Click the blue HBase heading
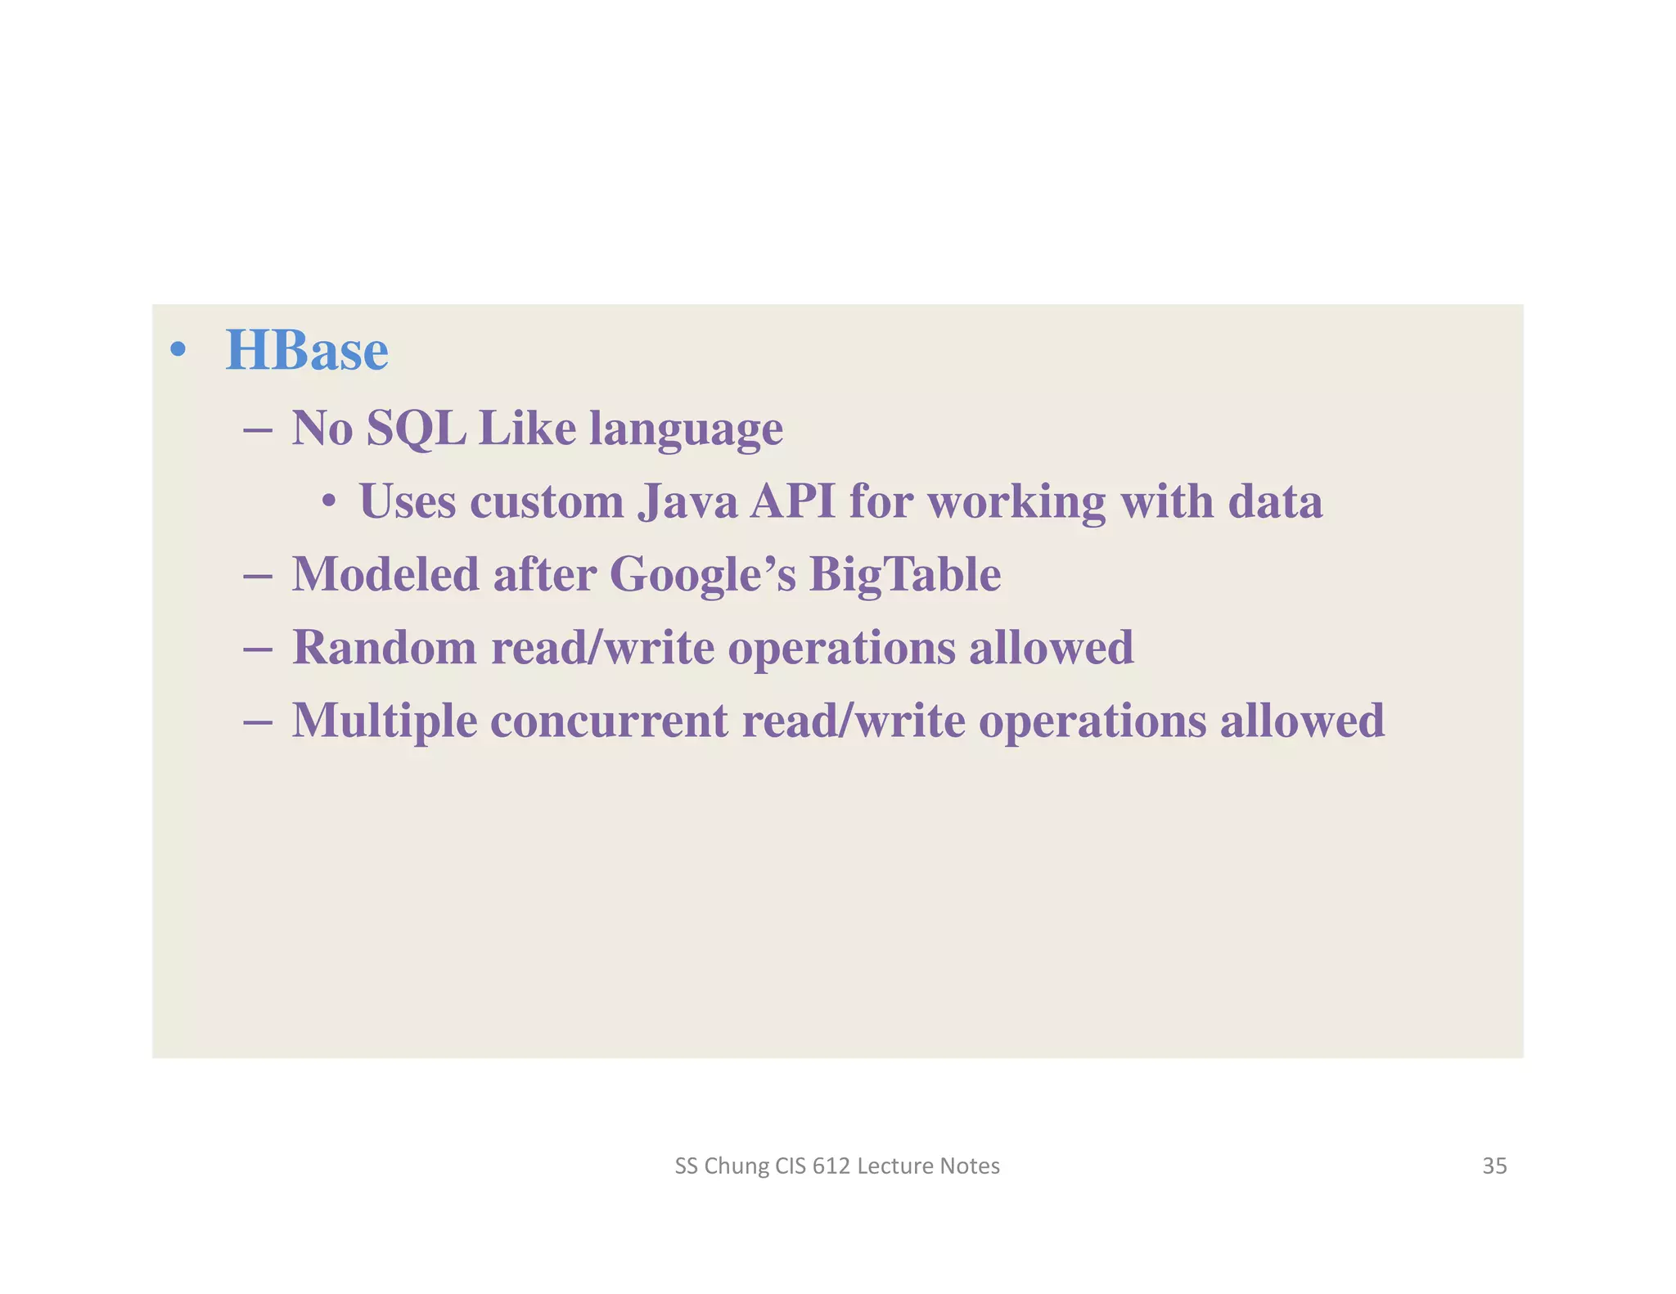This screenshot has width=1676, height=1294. coord(307,351)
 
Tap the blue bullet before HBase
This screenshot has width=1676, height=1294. coord(178,351)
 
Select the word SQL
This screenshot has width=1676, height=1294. coord(416,428)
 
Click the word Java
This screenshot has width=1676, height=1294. coord(687,501)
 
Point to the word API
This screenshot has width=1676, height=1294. coord(792,501)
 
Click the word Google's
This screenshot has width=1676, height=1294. coord(702,574)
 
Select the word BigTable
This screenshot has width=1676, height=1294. coord(905,574)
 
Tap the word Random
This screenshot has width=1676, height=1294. coord(385,647)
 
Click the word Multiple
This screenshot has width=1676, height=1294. coord(385,721)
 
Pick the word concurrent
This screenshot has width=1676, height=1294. coord(609,721)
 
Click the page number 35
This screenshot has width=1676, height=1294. coord(1494,1166)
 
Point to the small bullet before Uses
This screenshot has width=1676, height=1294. coord(328,501)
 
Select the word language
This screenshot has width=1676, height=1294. coord(686,429)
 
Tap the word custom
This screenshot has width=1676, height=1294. coord(547,501)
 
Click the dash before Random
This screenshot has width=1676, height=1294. coord(258,648)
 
